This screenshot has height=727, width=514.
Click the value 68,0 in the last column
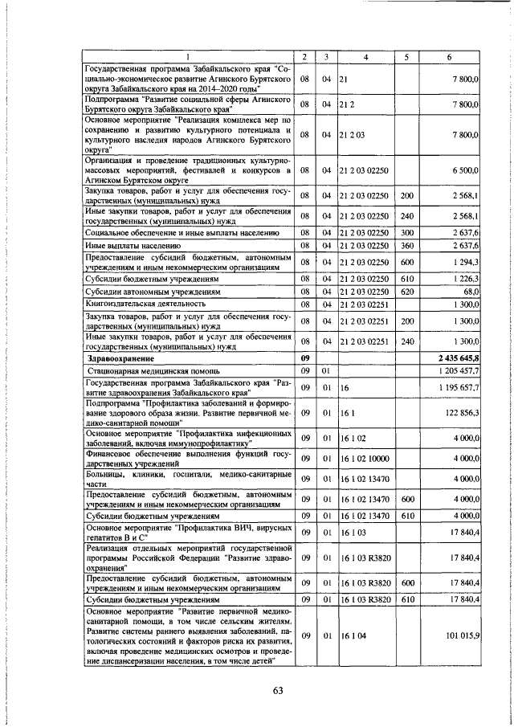(470, 291)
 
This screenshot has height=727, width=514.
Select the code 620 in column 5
(406, 291)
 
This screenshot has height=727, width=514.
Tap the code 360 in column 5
(406, 246)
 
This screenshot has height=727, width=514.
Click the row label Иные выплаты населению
(133, 246)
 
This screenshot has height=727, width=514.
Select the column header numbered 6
(449, 55)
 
